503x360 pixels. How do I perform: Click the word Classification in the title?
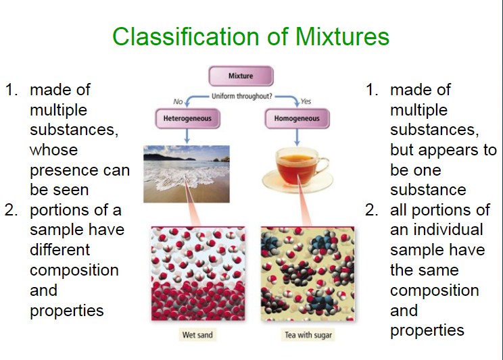[185, 36]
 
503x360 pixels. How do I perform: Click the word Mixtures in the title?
[342, 36]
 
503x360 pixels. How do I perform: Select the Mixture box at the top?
[241, 76]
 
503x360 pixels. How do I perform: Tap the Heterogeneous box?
[188, 119]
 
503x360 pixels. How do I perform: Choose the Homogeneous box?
[297, 119]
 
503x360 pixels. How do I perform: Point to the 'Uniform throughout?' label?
[241, 96]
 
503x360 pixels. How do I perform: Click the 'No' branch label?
[178, 101]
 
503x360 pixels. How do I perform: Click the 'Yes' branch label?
[306, 101]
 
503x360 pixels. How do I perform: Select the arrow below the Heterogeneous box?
[187, 136]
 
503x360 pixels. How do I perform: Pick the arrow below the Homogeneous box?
[297, 137]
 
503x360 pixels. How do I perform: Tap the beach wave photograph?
[187, 174]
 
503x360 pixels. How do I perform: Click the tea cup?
[297, 170]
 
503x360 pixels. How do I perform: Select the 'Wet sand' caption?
[197, 335]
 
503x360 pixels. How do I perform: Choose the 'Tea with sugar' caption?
[308, 335]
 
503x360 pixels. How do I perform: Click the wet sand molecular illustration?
[198, 274]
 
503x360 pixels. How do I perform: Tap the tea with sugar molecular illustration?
[308, 274]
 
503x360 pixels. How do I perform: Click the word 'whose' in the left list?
[53, 150]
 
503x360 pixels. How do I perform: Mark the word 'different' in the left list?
[59, 250]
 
